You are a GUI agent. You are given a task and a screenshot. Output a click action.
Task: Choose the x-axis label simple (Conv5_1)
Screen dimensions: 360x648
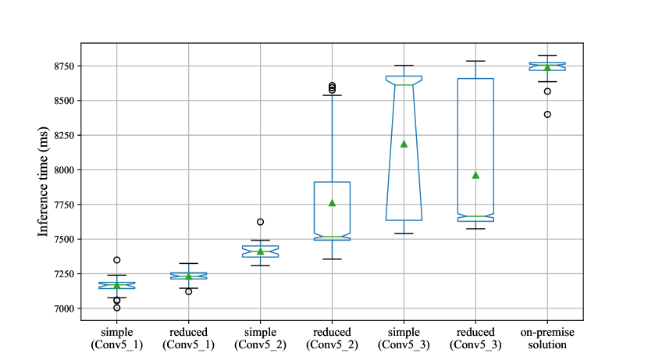(116, 338)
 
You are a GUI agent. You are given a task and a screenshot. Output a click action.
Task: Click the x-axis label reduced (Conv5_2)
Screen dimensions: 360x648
(332, 338)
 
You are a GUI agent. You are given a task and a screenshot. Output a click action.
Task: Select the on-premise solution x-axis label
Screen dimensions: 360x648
(547, 338)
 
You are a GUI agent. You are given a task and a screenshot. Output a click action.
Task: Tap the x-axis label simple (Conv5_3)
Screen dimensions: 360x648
(404, 338)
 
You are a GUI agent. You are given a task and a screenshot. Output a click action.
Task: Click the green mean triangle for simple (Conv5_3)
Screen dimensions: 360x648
(404, 144)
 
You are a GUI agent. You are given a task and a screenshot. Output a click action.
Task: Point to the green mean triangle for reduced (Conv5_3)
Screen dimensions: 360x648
(475, 175)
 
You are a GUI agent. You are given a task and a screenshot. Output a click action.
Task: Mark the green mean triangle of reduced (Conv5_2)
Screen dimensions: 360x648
(332, 203)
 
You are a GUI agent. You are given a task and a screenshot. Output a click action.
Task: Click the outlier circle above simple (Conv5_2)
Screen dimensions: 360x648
(260, 222)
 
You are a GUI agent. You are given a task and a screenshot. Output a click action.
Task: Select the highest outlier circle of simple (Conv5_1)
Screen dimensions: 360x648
(116, 260)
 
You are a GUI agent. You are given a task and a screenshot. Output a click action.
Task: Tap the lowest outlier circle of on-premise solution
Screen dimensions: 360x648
(547, 114)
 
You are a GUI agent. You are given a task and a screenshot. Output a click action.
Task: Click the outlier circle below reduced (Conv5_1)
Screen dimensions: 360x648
(188, 291)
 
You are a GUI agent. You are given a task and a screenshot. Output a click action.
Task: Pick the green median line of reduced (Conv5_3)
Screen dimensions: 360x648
(475, 216)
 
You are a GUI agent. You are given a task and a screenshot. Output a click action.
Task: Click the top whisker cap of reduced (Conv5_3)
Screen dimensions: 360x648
(475, 61)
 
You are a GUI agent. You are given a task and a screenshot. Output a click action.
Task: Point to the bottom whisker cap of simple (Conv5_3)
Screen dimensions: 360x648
(404, 233)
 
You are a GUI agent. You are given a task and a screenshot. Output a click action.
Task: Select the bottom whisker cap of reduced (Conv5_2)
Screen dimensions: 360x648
(332, 259)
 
